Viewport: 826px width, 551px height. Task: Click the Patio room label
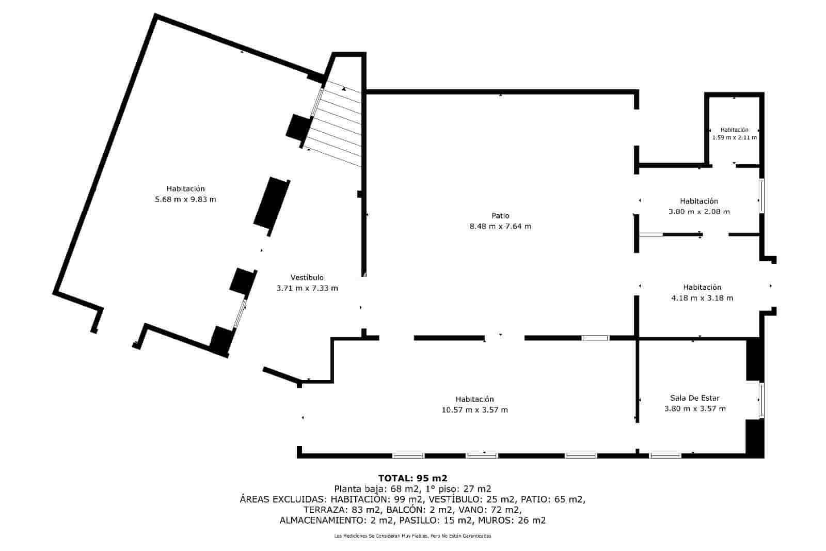coord(500,216)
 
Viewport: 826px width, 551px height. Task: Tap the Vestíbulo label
coord(307,277)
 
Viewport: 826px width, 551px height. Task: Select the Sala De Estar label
coord(695,398)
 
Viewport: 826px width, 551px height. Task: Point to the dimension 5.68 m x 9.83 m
coord(185,199)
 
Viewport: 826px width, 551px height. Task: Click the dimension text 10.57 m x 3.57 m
coord(474,410)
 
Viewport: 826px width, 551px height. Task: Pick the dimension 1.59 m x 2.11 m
coord(734,137)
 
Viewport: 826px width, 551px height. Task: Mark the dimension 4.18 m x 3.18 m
coord(702,298)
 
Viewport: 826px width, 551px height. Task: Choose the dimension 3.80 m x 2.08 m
coord(699,212)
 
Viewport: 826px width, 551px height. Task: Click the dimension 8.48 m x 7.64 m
coord(500,227)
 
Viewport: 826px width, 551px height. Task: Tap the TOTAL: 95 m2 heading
coord(412,478)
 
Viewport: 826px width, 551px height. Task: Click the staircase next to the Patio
coord(336,123)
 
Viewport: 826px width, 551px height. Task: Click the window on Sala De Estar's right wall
coord(761,401)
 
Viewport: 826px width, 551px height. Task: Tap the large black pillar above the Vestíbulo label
coord(272,203)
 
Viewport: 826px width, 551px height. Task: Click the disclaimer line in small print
coord(412,536)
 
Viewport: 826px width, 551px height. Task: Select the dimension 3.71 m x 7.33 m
coord(307,288)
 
